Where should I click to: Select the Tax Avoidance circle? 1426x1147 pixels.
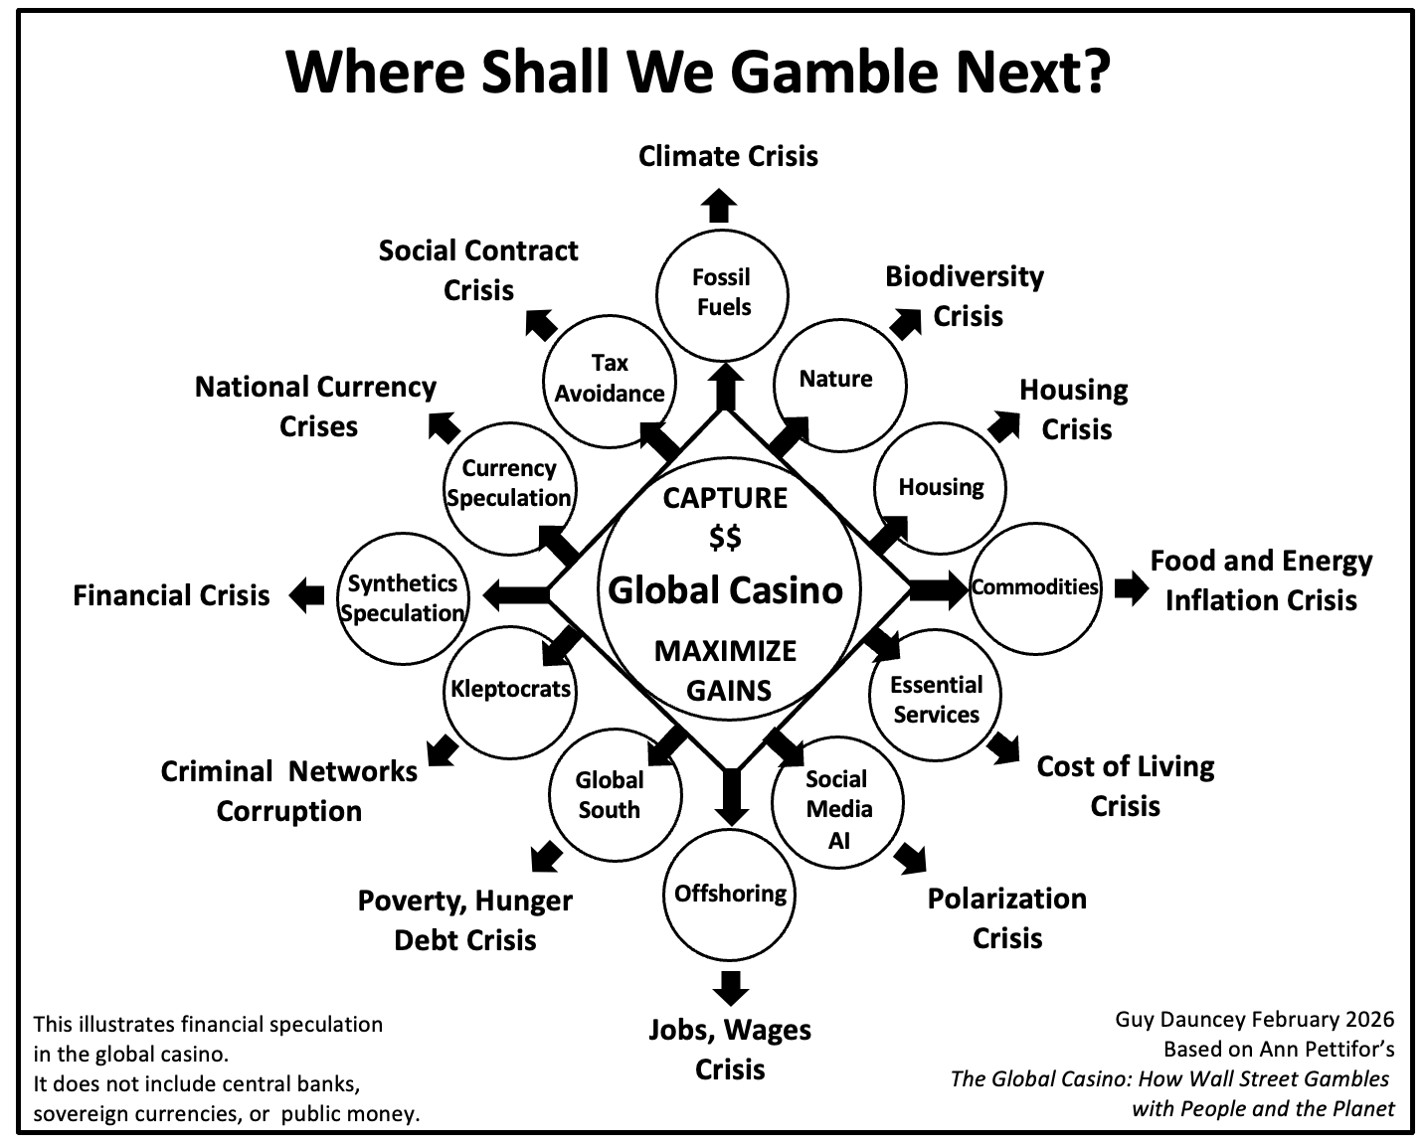[610, 379]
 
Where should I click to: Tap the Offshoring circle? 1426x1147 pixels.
[731, 895]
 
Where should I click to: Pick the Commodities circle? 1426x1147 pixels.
[1034, 586]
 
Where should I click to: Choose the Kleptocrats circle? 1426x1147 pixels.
[510, 690]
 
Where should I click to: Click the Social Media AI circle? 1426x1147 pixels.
[837, 801]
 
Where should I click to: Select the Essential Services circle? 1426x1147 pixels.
[935, 700]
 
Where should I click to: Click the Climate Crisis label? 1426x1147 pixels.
[728, 156]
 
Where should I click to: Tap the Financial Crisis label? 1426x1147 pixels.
[171, 595]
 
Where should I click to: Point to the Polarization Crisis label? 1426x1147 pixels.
[1006, 917]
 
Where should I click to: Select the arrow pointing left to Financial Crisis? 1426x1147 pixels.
[307, 594]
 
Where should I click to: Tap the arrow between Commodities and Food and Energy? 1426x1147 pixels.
[1130, 587]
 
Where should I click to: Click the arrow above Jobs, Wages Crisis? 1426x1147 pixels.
[731, 987]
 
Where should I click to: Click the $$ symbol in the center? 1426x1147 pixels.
[725, 538]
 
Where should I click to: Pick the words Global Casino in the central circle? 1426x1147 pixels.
[725, 590]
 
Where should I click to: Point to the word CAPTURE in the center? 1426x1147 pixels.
[725, 497]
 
